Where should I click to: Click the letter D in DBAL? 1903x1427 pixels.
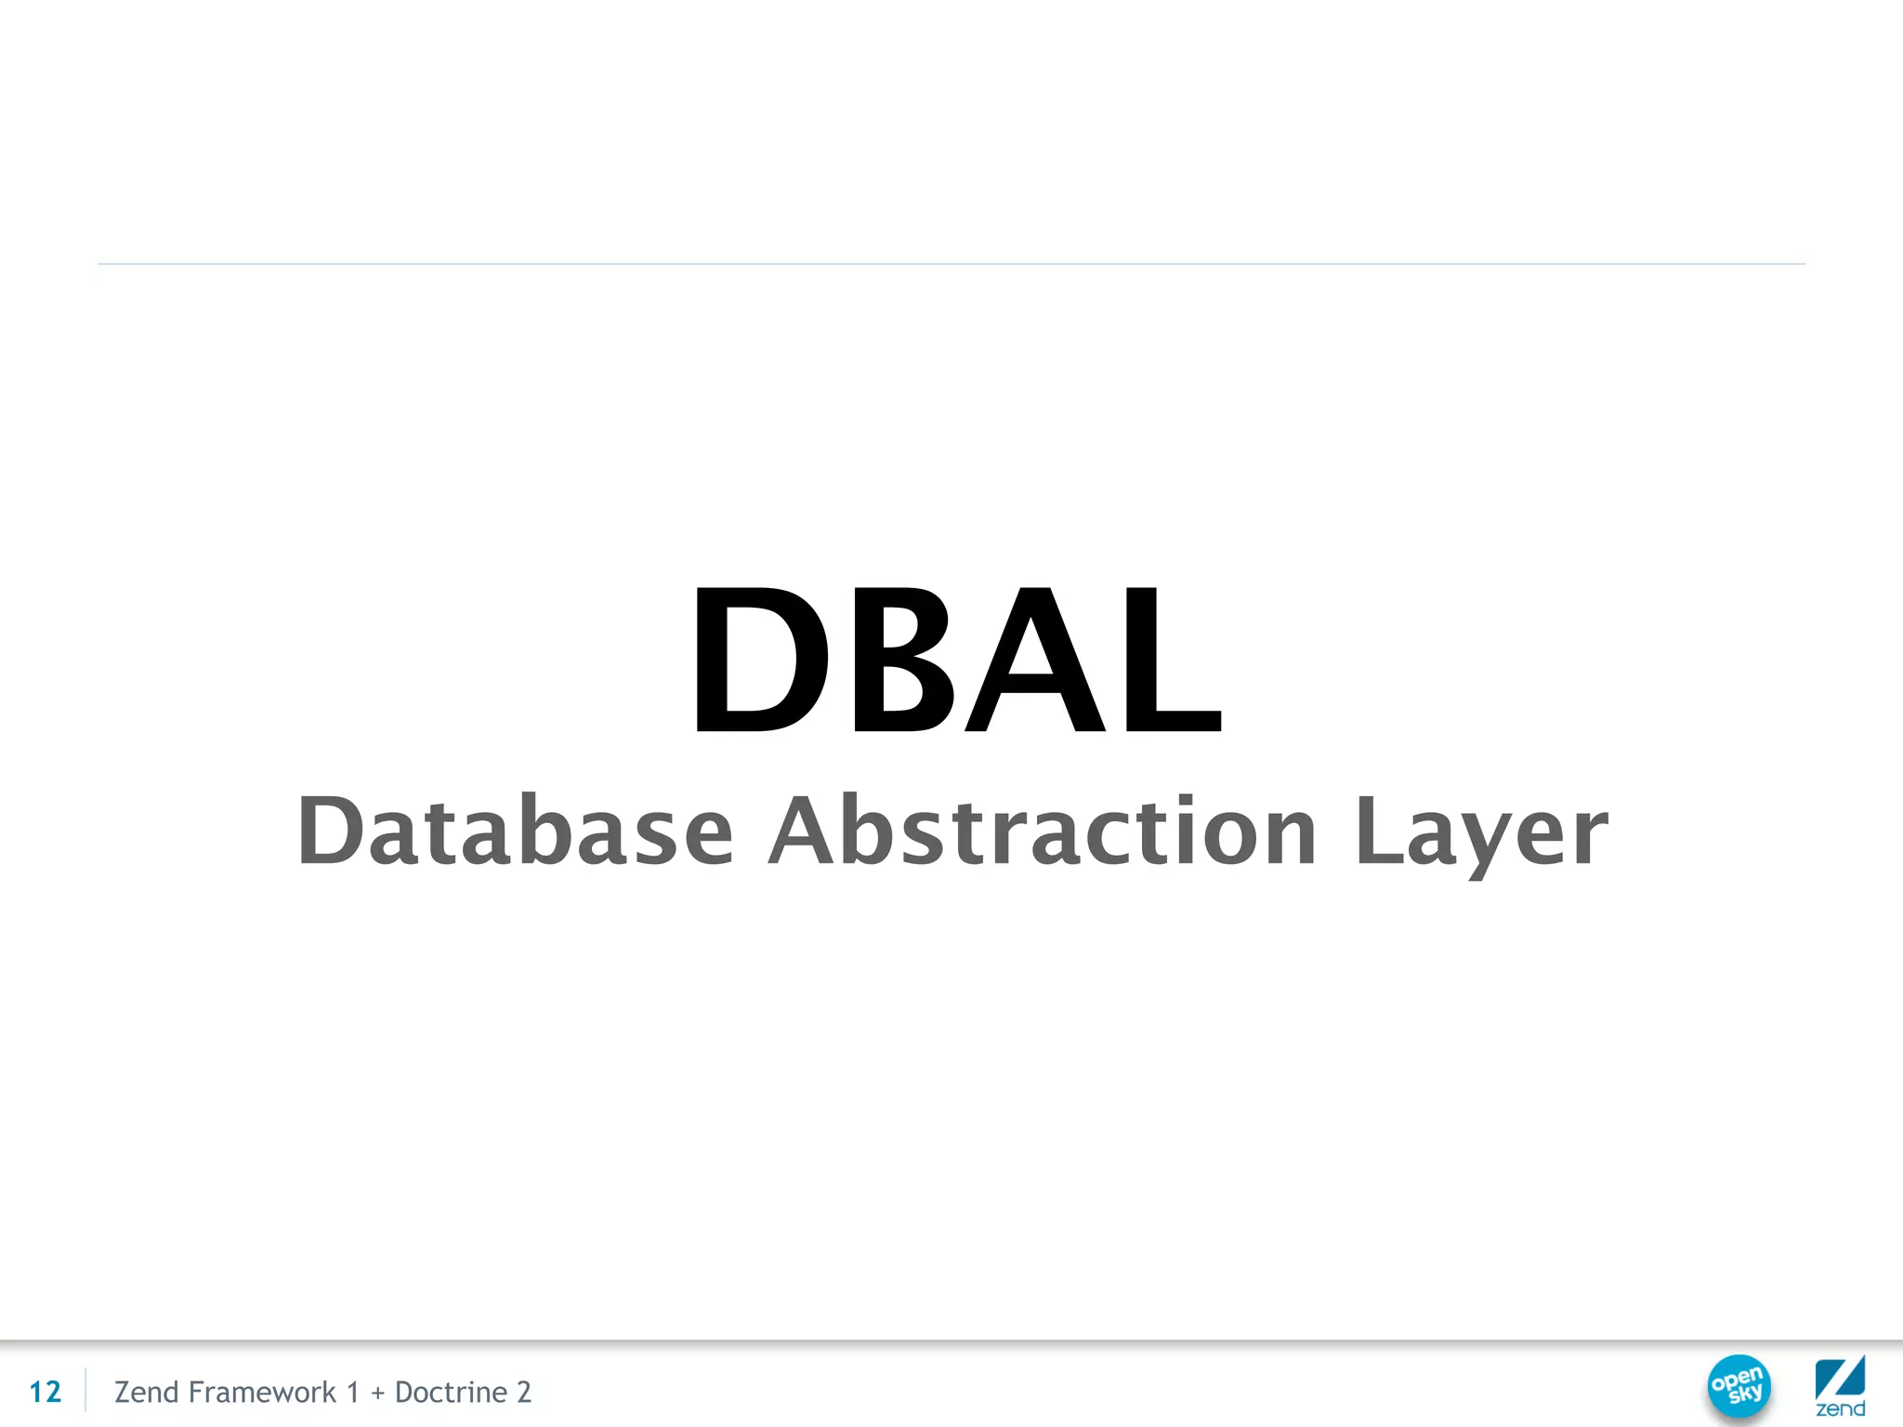760,660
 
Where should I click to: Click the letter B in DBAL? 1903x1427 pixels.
901,660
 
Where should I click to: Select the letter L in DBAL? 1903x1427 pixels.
1171,660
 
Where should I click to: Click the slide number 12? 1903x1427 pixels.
45,1392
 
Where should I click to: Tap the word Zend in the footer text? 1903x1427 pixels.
146,1392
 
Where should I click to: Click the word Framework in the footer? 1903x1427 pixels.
262,1392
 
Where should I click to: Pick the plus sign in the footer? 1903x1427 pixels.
377,1393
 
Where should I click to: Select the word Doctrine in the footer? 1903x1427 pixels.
451,1392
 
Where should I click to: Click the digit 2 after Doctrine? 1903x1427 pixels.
524,1392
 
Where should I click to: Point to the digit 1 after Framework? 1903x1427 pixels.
352,1392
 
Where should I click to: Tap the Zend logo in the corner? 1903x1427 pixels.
1840,1385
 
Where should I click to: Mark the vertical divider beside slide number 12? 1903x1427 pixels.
85,1391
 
